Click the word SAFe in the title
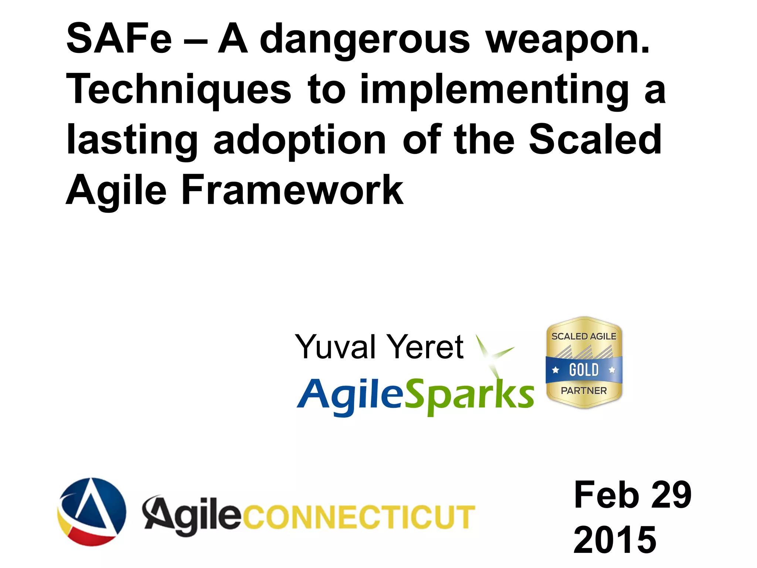pyautogui.click(x=119, y=38)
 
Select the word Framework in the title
pyautogui.click(x=292, y=190)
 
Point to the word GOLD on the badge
pyautogui.click(x=584, y=370)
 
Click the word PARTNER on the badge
pyautogui.click(x=584, y=391)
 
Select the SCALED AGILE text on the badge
pyautogui.click(x=584, y=337)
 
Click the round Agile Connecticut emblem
pyautogui.click(x=92, y=512)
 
